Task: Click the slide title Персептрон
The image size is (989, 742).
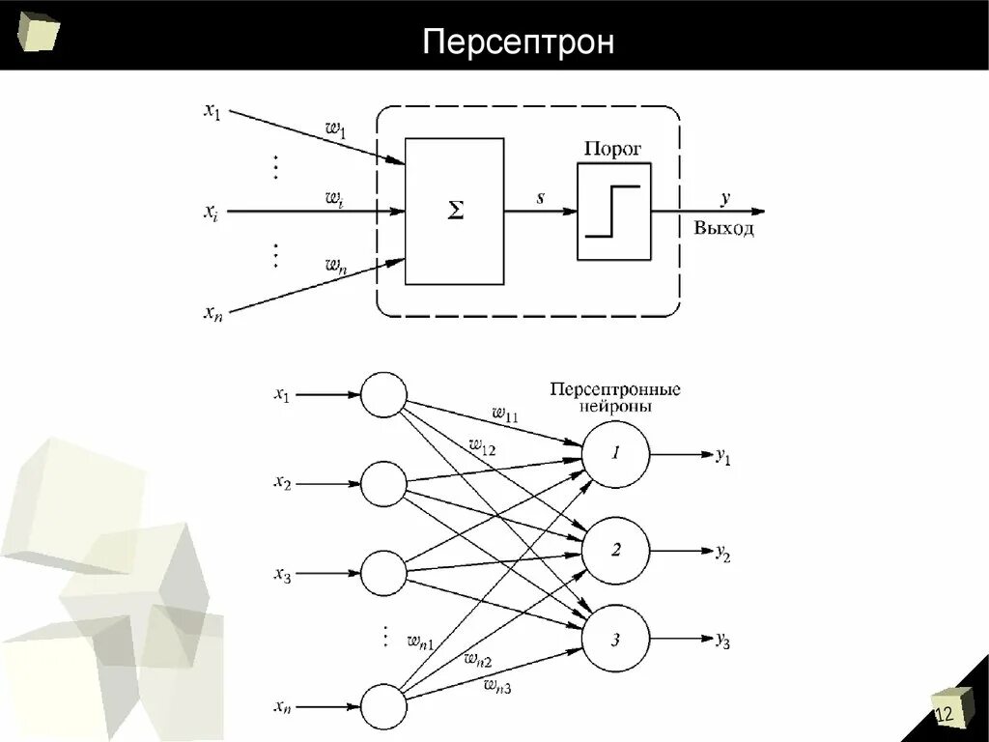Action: (x=520, y=43)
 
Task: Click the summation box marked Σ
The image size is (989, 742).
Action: (x=454, y=212)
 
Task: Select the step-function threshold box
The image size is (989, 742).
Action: (x=613, y=211)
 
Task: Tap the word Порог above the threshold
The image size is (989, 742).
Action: (x=612, y=149)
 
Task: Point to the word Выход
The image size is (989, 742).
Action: (x=723, y=230)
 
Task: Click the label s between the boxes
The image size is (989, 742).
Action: (x=540, y=198)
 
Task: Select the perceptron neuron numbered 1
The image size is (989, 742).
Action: (x=616, y=454)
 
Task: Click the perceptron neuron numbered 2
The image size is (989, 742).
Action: (x=616, y=551)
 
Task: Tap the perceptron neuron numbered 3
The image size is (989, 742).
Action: (x=616, y=639)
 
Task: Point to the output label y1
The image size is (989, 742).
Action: (x=723, y=457)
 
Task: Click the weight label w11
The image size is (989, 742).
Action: (x=505, y=415)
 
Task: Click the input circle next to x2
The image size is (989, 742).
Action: (x=383, y=484)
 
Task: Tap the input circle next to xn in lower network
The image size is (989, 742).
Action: (x=383, y=708)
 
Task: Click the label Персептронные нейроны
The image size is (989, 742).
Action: (x=615, y=398)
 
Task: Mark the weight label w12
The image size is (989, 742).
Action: (x=482, y=446)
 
